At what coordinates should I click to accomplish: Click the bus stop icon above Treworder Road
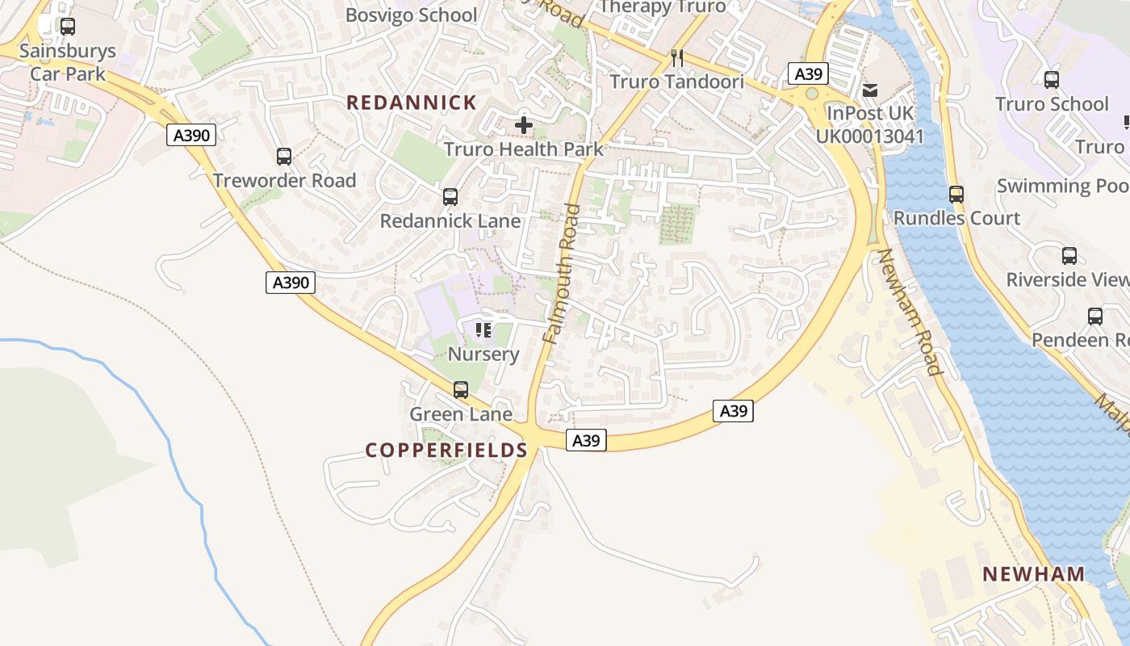[283, 157]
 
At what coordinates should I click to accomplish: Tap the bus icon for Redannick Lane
[450, 197]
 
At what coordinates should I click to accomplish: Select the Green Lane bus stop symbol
[461, 390]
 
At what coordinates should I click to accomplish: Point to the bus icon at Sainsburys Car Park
[68, 27]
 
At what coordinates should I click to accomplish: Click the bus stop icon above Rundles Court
[956, 195]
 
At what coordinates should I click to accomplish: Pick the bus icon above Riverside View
[1069, 256]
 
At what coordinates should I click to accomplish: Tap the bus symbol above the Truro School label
[1052, 80]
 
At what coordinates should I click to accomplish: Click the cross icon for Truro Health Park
[524, 125]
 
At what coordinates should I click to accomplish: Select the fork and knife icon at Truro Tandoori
[677, 58]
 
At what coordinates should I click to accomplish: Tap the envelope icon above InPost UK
[870, 90]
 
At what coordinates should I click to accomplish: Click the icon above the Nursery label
[483, 329]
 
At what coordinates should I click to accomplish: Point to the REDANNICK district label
[412, 103]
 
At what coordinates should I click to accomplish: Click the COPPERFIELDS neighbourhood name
[446, 450]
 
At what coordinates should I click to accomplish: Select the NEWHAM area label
[1033, 574]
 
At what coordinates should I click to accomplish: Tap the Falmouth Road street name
[563, 275]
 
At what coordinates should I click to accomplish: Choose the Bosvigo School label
[412, 15]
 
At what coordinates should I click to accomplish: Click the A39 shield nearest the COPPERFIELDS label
[586, 440]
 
